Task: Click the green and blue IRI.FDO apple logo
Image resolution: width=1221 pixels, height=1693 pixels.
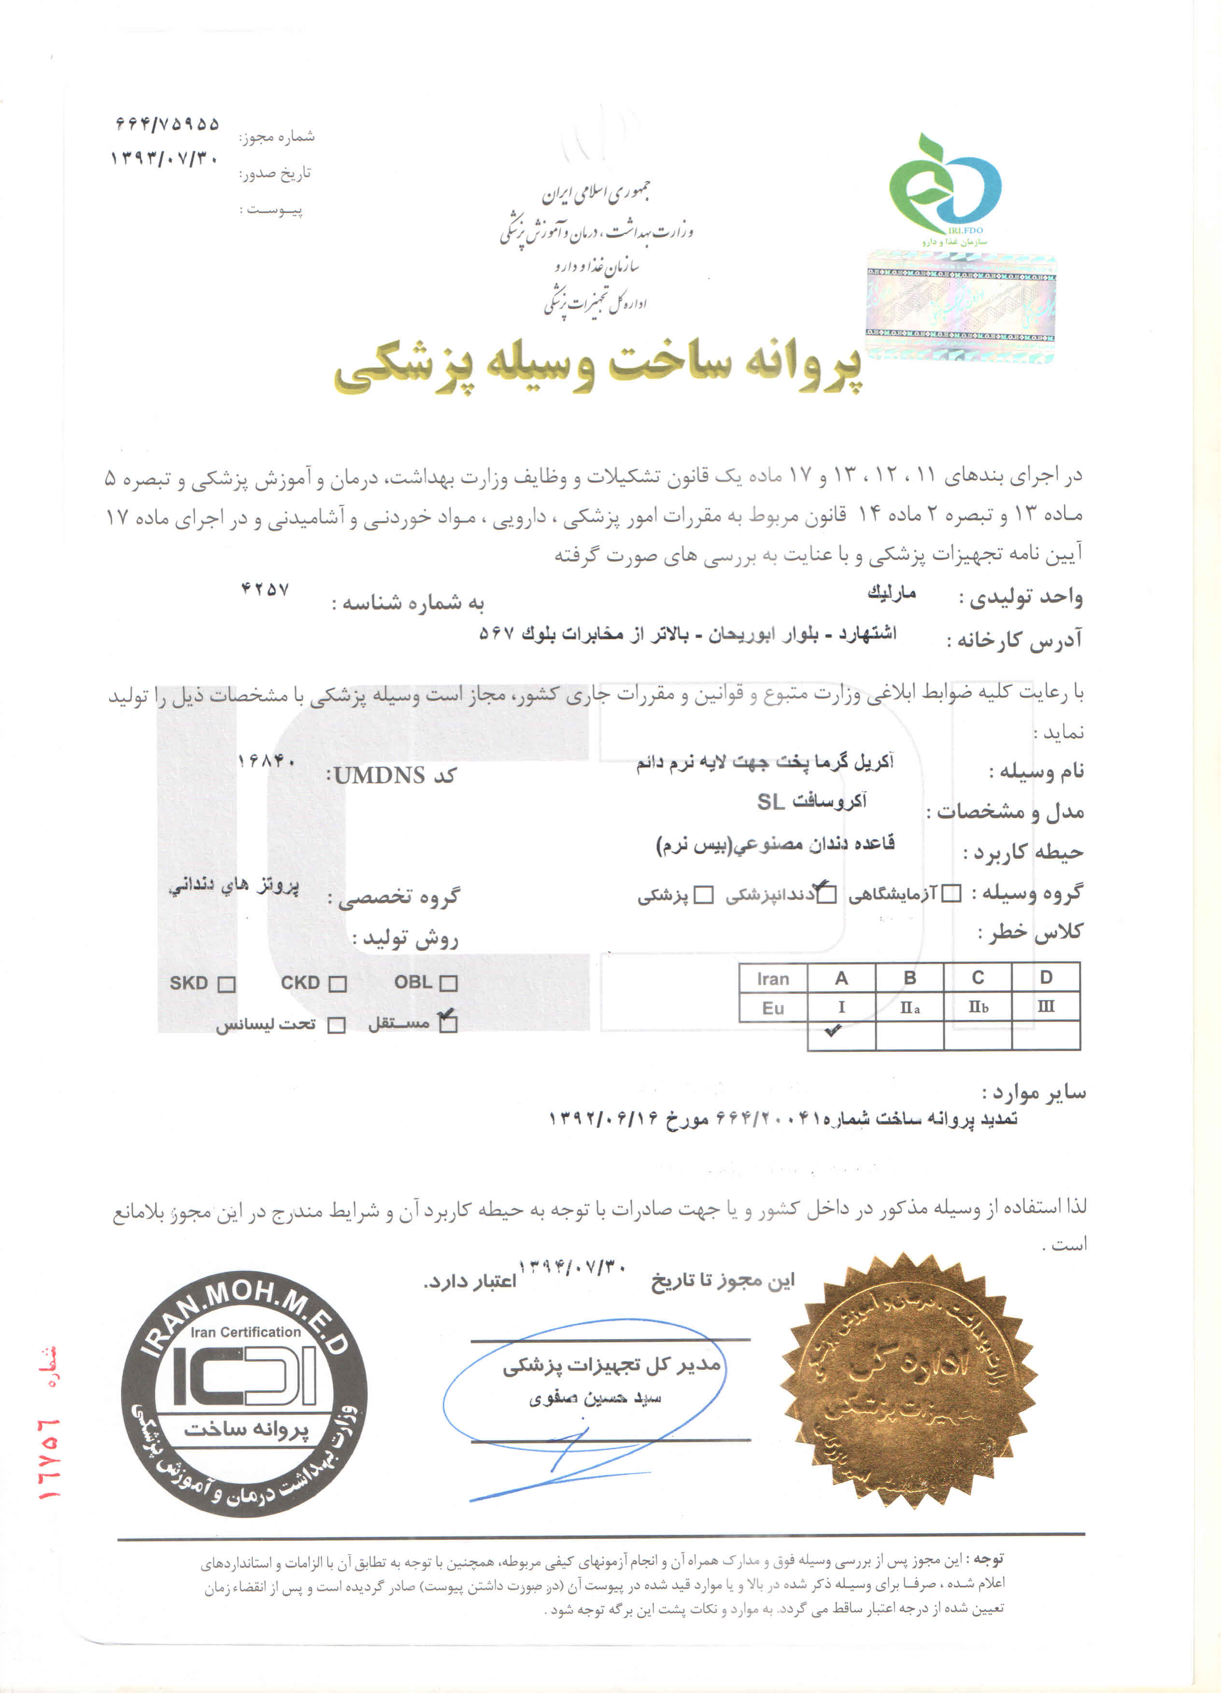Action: [x=944, y=187]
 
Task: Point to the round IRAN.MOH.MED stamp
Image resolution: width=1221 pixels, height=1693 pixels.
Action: [x=244, y=1393]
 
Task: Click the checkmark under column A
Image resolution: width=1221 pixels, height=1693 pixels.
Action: [x=833, y=1031]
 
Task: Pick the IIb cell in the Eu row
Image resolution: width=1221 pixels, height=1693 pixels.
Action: [x=978, y=1007]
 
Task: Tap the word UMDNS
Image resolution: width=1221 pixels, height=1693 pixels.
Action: [x=379, y=775]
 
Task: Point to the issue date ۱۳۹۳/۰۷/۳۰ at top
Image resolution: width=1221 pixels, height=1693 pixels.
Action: [x=164, y=158]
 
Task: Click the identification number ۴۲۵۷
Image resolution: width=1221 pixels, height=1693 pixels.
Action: [x=265, y=589]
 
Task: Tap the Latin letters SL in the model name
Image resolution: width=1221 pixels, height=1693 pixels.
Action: [x=770, y=802]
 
